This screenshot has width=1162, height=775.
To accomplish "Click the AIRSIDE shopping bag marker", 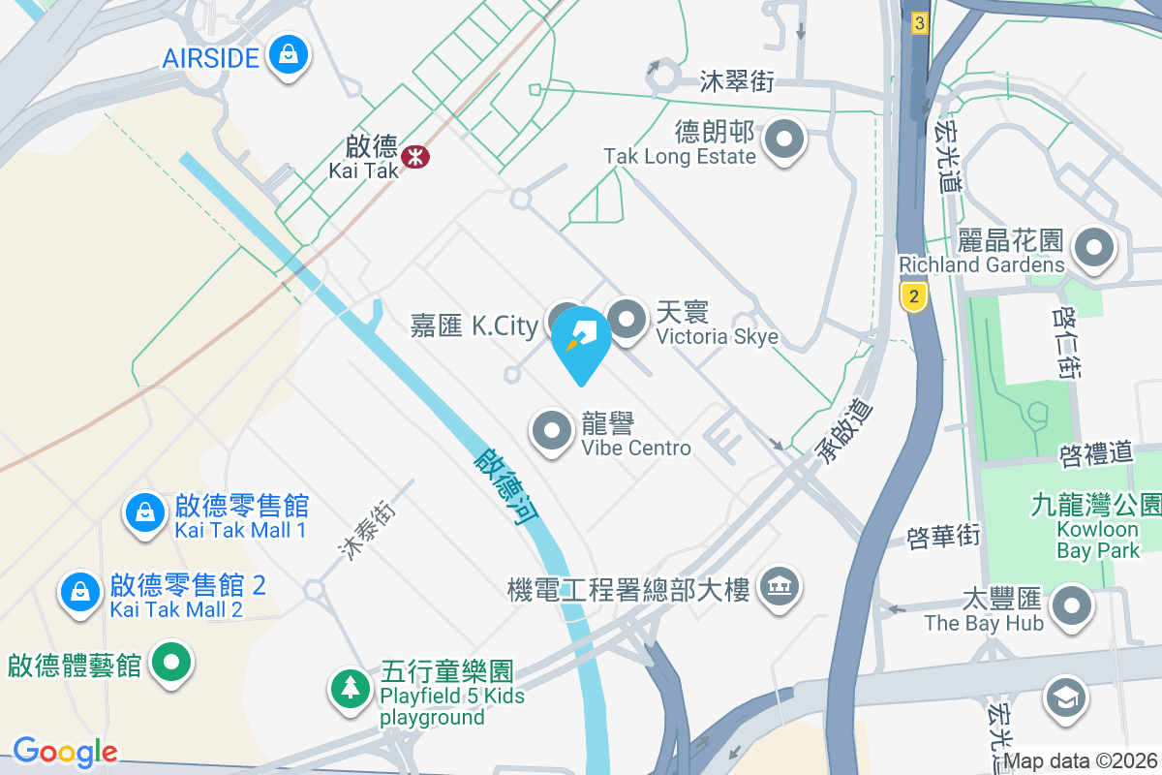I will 289,54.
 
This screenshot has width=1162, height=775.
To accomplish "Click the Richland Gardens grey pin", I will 1094,247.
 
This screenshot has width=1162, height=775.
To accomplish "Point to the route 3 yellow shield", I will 919,22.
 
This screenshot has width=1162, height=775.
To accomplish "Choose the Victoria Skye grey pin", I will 627,319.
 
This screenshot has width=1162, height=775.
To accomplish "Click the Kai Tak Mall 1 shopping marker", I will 144,511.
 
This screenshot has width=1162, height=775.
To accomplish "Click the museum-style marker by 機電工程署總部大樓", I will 778,586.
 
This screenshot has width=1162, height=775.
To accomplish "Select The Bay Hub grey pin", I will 1071,605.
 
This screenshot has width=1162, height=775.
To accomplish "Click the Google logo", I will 65,751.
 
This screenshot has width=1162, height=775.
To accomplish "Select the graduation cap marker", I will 1065,697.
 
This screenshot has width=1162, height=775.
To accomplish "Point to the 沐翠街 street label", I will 737,81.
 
